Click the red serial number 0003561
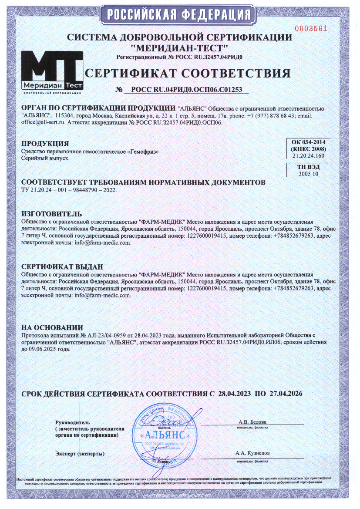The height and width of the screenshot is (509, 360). pos(310,29)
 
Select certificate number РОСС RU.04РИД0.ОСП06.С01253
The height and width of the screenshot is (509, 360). pos(187,90)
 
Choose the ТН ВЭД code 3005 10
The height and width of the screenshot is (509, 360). pos(308,174)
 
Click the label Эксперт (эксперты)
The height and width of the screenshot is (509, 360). pos(80,454)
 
